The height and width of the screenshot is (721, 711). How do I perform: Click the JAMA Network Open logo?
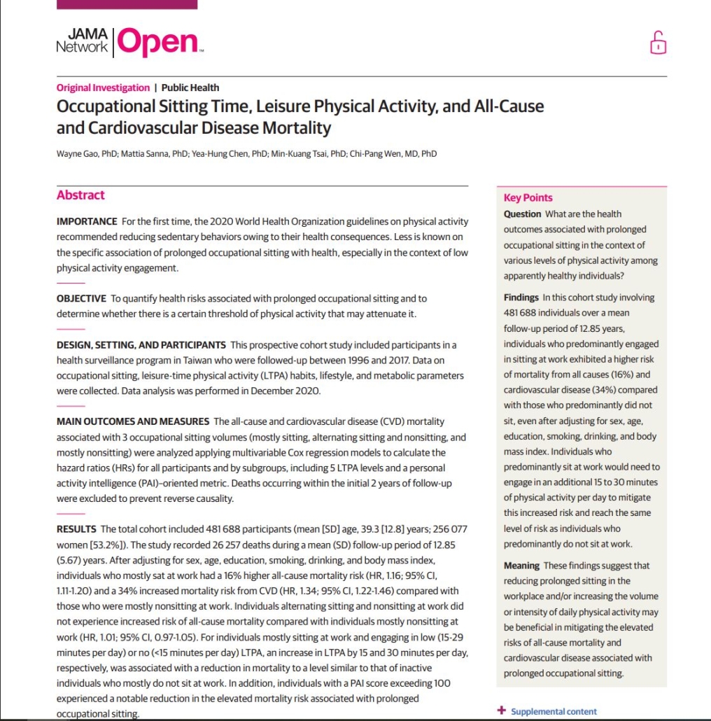[x=129, y=41]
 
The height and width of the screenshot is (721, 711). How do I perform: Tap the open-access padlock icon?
[x=658, y=43]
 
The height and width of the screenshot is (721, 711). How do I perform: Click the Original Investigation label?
[x=103, y=87]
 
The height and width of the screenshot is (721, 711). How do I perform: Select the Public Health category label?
[x=190, y=87]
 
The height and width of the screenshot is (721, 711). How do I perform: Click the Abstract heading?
[x=80, y=195]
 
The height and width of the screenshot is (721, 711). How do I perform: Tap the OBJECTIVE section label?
[x=82, y=298]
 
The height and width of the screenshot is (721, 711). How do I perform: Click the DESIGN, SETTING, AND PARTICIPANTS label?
[x=141, y=344]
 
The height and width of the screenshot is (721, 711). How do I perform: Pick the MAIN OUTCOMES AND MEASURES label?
[x=133, y=421]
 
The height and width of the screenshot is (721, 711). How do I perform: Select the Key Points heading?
[x=528, y=197]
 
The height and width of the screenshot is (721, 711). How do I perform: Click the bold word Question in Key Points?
[x=522, y=214]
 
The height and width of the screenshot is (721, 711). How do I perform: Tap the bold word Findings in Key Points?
[x=521, y=297]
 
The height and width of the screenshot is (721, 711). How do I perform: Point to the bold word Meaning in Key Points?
[x=521, y=565]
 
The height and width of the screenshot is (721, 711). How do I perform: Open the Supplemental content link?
[x=554, y=711]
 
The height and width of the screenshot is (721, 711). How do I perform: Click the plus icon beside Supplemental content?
[x=501, y=710]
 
